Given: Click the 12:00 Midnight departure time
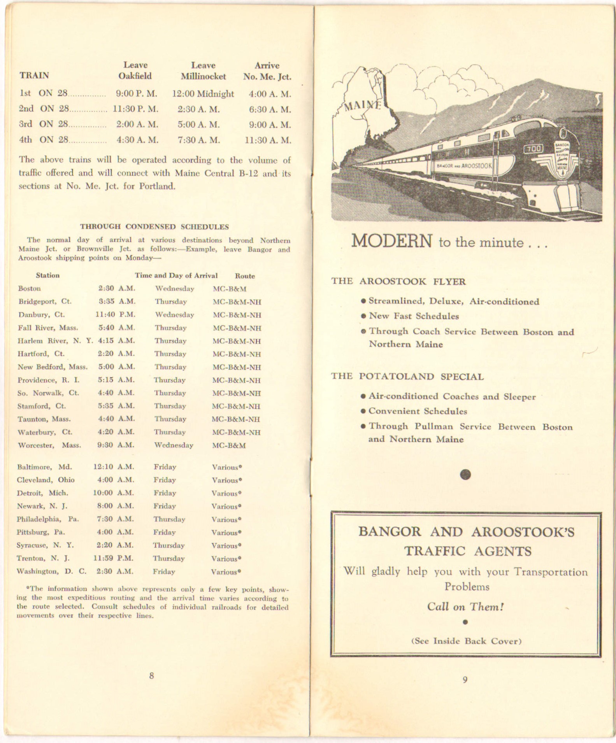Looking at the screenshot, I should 203,94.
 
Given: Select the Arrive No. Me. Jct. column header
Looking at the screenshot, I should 267,71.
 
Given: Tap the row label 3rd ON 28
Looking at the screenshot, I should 44,124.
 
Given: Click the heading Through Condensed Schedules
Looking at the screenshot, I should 154,226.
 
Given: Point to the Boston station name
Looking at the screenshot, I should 29,288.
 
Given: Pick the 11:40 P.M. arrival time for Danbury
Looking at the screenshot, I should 115,314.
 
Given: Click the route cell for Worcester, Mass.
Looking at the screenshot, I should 229,445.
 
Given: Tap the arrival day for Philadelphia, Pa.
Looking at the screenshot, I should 169,519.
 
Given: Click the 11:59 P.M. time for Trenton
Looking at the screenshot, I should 114,558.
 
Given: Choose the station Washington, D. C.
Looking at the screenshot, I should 51,571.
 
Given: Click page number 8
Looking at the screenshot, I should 151,676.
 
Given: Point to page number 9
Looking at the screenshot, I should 465,680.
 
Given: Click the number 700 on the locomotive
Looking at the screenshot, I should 533,149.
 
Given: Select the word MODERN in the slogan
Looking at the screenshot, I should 391,241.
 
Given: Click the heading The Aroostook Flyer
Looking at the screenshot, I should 398,281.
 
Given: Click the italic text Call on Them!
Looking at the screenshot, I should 465,607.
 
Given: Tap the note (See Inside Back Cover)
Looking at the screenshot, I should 466,641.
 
